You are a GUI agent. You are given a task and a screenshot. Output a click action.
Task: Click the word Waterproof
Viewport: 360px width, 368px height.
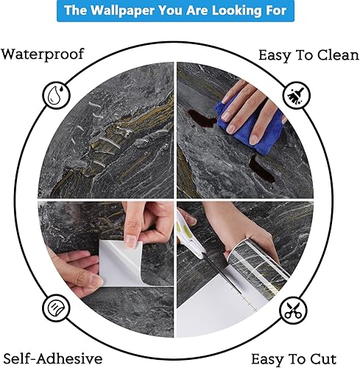pyautogui.click(x=43, y=54)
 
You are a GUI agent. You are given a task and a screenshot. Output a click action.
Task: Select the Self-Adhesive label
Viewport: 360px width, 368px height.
pyautogui.click(x=51, y=358)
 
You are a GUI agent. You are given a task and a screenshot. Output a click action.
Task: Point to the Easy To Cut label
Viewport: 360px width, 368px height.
pyautogui.click(x=298, y=359)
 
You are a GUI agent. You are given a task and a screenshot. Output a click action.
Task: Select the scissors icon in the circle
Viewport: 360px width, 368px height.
pyautogui.click(x=295, y=309)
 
